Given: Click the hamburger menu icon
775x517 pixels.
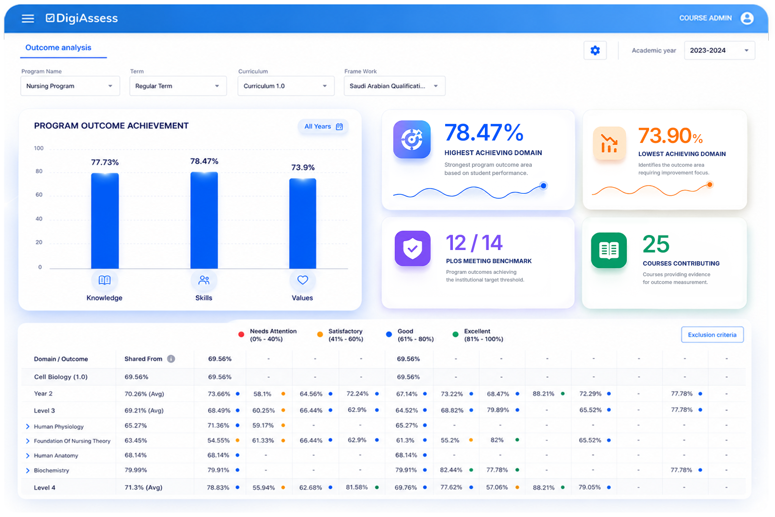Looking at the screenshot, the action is tap(28, 18).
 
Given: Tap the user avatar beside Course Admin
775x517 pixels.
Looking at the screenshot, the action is tap(746, 18).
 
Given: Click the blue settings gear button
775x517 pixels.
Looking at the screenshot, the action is tap(595, 50).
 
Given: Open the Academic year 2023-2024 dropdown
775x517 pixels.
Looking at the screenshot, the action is tap(719, 50).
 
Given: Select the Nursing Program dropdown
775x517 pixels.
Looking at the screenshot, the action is tap(70, 86).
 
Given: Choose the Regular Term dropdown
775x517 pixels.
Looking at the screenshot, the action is tap(178, 86).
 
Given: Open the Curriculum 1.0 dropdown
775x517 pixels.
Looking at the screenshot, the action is tap(286, 86).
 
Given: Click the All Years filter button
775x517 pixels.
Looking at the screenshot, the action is tap(323, 126).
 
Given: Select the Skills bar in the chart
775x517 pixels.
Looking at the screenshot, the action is tap(204, 220).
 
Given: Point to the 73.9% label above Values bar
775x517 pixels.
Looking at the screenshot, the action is tap(303, 168).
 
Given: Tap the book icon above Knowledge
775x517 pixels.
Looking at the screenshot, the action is tap(105, 280).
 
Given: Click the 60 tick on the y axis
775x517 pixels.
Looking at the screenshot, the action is tap(39, 194).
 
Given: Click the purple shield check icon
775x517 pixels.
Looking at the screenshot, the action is tap(412, 248).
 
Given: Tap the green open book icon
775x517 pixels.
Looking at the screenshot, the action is tap(608, 250).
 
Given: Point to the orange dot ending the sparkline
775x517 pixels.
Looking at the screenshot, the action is tap(710, 185).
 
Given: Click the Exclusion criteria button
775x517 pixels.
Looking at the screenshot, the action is tap(712, 335).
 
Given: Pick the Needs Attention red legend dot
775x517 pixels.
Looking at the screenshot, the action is tap(241, 334).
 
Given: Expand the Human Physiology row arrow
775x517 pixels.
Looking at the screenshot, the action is tap(28, 427).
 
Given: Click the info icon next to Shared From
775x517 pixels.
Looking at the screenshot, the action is tap(171, 359).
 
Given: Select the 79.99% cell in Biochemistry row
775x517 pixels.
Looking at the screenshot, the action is tap(136, 470).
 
